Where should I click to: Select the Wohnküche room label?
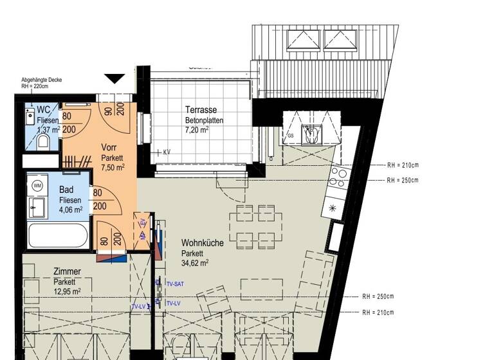coord(202,244)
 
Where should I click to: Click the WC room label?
coord(44,110)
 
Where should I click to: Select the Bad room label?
coord(66,190)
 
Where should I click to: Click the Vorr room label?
coord(109,147)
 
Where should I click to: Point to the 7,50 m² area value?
coord(113,167)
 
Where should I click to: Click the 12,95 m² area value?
coord(67,291)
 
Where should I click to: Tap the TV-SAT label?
coord(176,283)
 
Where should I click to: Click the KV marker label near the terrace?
coord(166,152)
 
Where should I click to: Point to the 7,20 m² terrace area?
coord(196,129)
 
